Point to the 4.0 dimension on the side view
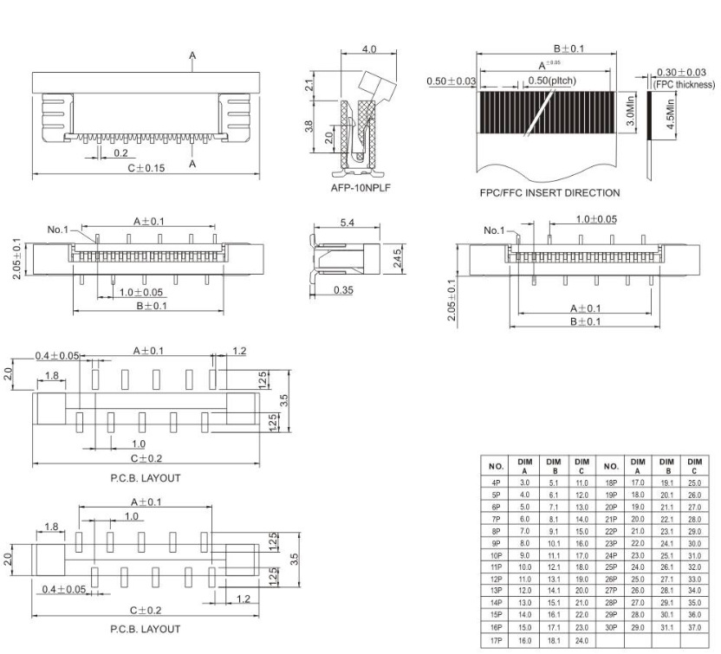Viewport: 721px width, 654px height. point(368,49)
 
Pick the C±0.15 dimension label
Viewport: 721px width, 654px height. point(146,167)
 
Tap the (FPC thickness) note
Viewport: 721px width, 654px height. point(685,84)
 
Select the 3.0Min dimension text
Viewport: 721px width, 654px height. point(631,113)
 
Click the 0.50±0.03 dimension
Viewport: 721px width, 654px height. point(451,81)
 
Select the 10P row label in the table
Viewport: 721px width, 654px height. point(497,554)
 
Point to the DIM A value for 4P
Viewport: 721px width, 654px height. point(525,482)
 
